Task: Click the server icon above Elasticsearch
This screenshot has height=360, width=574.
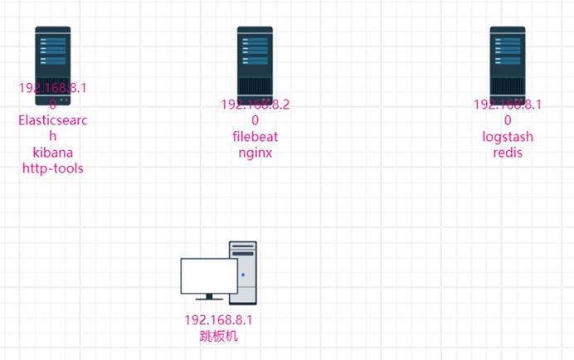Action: pyautogui.click(x=52, y=58)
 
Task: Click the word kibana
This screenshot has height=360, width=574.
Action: pyautogui.click(x=52, y=153)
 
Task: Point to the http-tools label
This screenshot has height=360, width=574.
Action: pyautogui.click(x=52, y=168)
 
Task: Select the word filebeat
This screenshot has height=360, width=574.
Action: pyautogui.click(x=255, y=137)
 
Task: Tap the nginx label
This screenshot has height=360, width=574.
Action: pyautogui.click(x=255, y=153)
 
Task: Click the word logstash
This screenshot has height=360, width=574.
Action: pyautogui.click(x=507, y=137)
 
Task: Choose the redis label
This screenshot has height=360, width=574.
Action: pyautogui.click(x=507, y=153)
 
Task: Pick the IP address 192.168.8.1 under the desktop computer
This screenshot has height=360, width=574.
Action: pyautogui.click(x=218, y=320)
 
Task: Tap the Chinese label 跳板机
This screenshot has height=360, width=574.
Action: pyautogui.click(x=218, y=336)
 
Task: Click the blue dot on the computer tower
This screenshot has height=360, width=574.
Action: pyautogui.click(x=242, y=274)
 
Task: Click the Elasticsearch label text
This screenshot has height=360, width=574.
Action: pyautogui.click(x=52, y=121)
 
